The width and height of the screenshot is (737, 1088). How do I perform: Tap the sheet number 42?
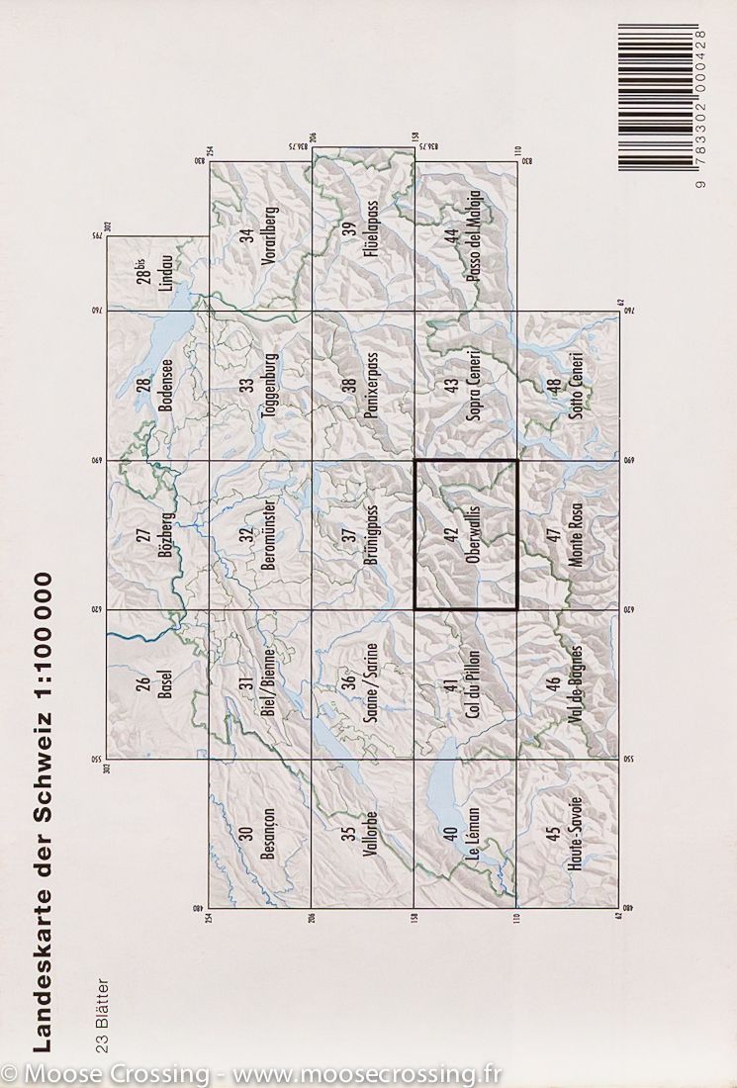click(x=451, y=535)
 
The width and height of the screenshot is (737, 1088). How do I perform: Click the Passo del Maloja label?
click(x=472, y=238)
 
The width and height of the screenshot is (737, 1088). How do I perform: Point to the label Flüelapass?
click(x=370, y=238)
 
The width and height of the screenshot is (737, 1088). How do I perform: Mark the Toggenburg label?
click(x=266, y=387)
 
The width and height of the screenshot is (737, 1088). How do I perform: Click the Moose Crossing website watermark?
click(x=251, y=1073)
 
